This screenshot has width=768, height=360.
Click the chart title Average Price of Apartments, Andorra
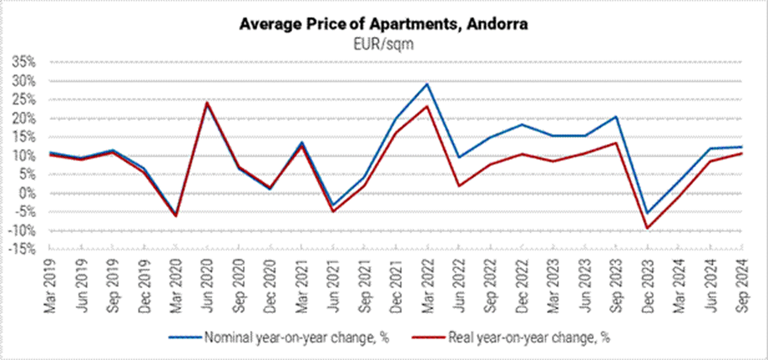(x=383, y=24)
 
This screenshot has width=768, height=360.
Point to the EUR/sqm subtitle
(x=383, y=43)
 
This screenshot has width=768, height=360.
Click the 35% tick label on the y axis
(x=23, y=62)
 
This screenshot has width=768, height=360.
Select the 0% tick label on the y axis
(x=27, y=194)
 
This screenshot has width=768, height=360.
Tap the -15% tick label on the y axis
(x=22, y=250)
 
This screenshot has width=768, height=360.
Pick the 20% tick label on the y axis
(x=23, y=119)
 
